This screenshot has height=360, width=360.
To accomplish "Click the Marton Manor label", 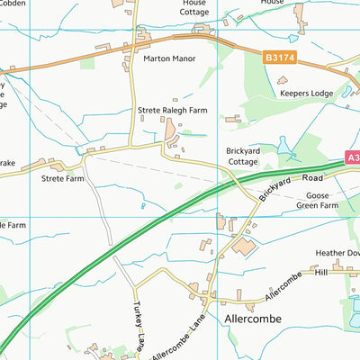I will click(x=169, y=58).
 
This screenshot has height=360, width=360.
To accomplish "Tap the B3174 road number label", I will click(x=279, y=57).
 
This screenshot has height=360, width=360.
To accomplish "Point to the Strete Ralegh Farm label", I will click(x=175, y=111).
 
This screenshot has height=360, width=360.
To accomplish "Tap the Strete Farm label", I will click(x=62, y=178).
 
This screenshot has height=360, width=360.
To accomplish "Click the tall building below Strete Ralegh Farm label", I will click(x=171, y=132).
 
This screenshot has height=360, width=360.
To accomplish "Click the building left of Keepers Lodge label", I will click(x=282, y=80).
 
